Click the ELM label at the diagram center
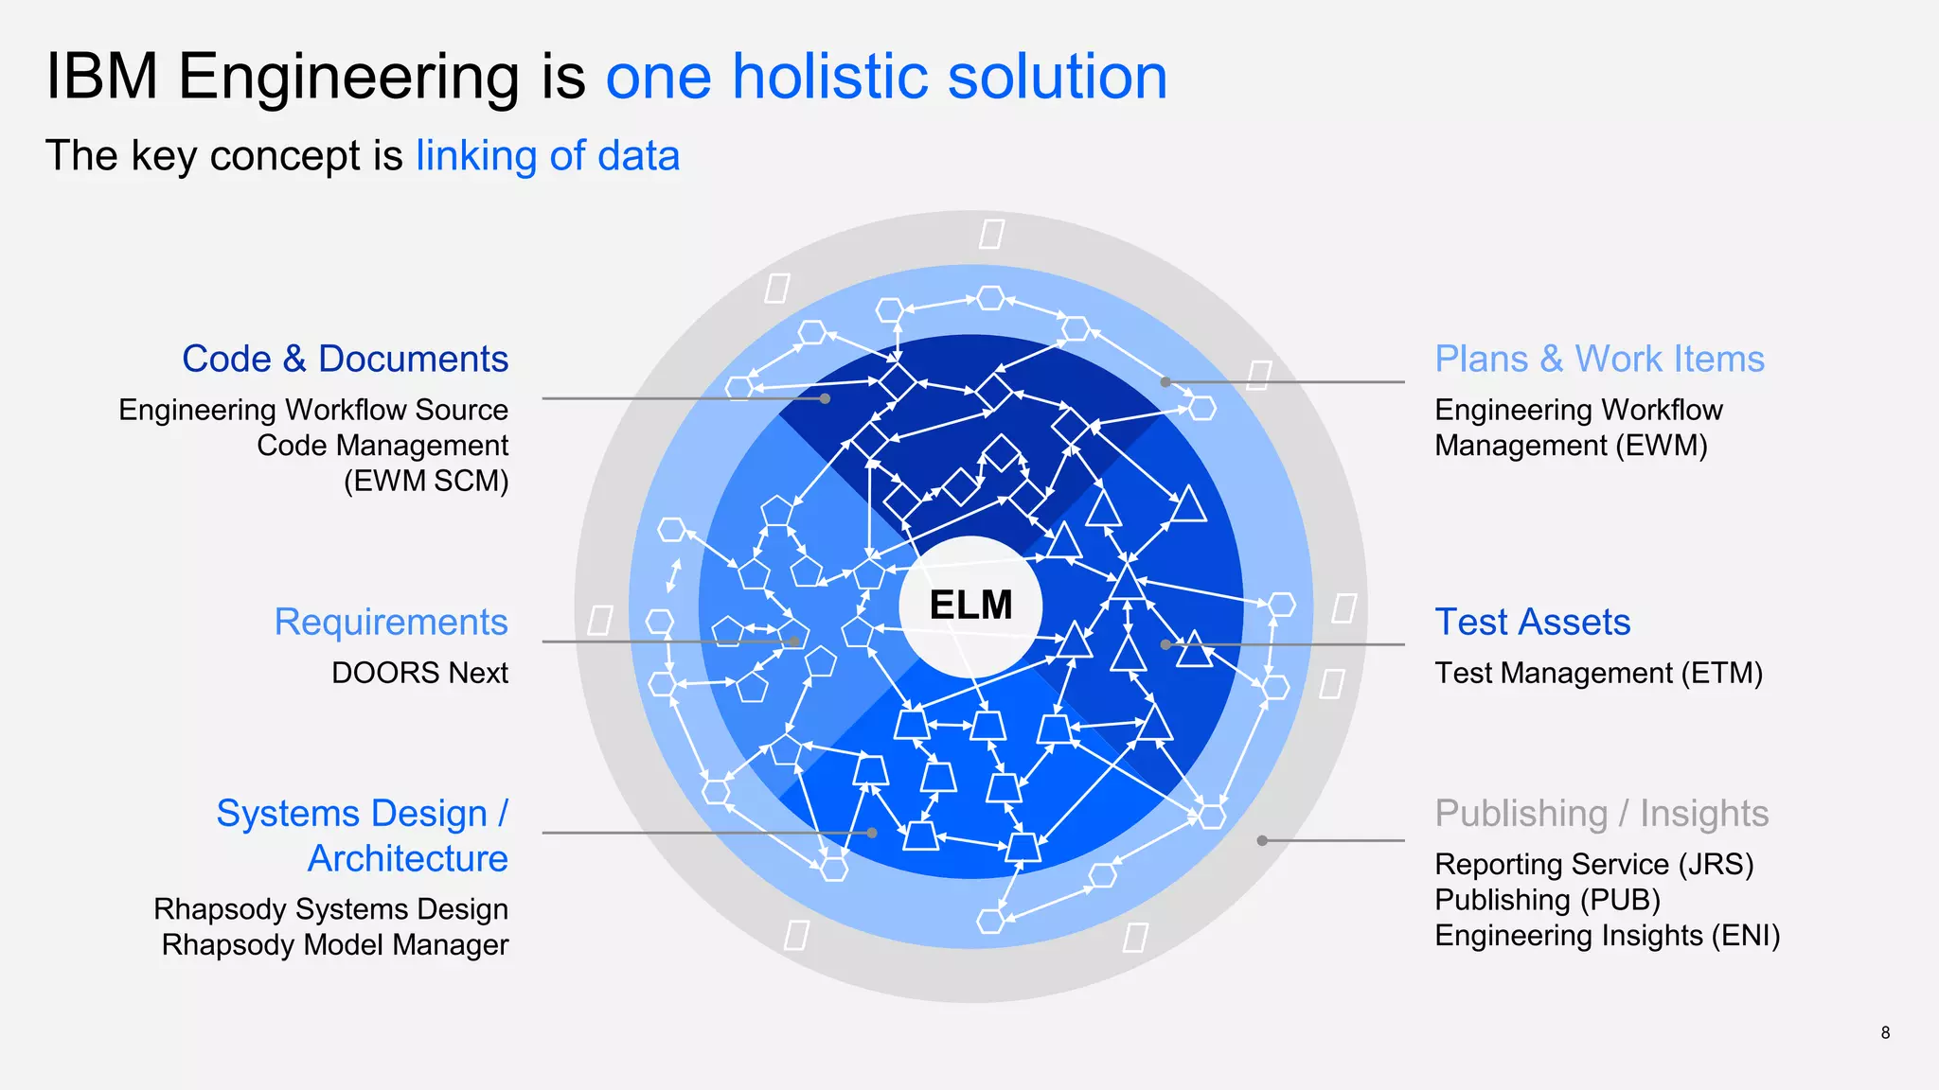click(970, 606)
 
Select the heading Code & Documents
click(345, 360)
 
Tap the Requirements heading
click(391, 623)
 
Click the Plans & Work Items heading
click(1599, 360)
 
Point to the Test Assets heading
click(1532, 623)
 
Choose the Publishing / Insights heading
click(1601, 814)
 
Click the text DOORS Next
click(419, 673)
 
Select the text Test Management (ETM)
click(1598, 673)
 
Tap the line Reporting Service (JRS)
click(1593, 864)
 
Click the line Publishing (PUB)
click(1547, 900)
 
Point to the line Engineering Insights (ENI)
click(1607, 936)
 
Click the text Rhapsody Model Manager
click(334, 945)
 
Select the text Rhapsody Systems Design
click(330, 909)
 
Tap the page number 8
click(1885, 1033)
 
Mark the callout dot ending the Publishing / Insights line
click(1262, 840)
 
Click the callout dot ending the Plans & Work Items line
click(1165, 382)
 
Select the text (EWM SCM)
click(425, 482)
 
